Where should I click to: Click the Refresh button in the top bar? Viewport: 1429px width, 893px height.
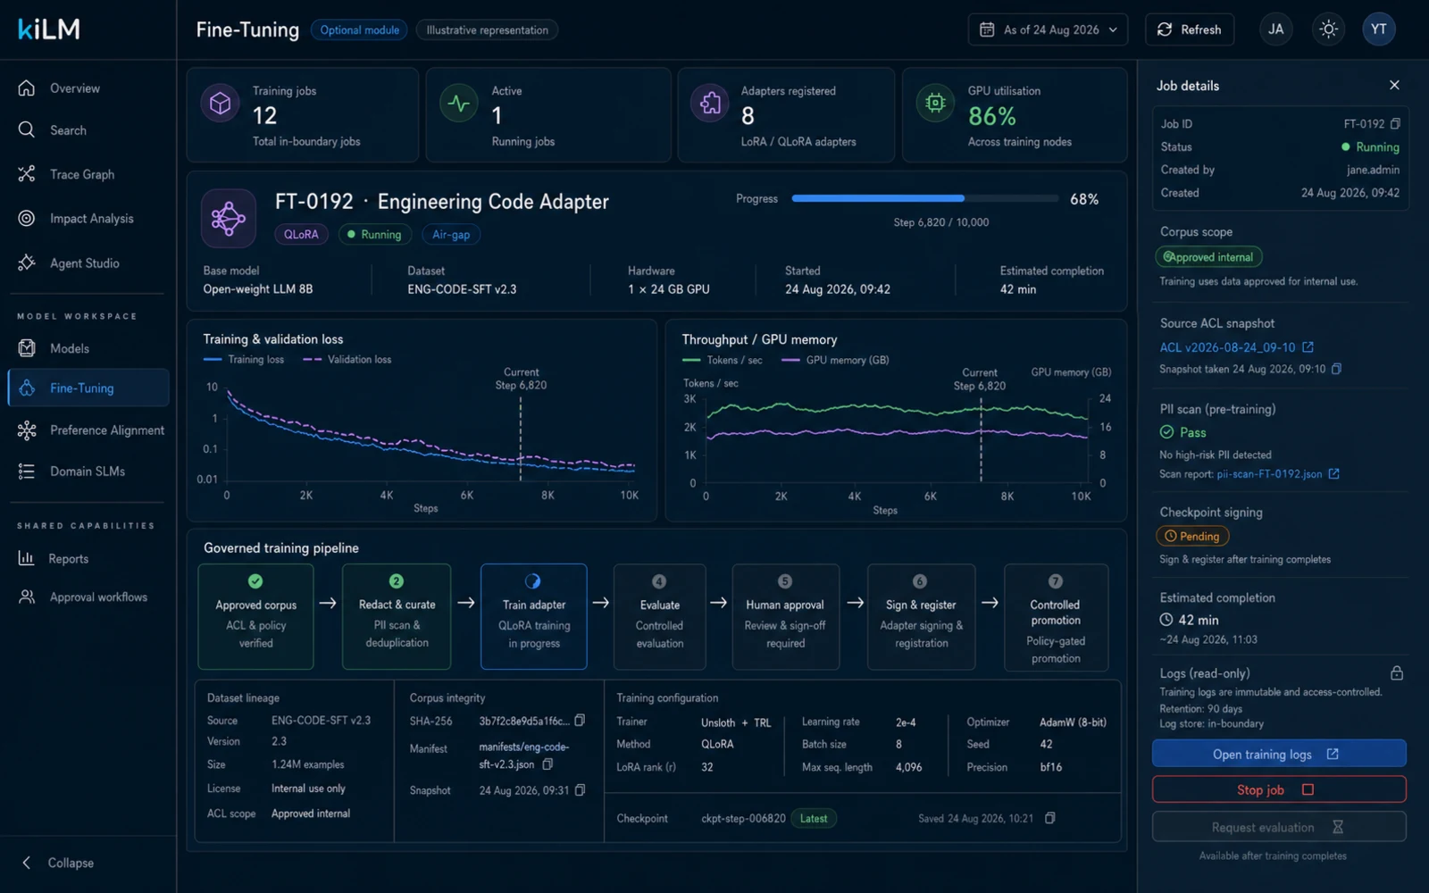(1190, 30)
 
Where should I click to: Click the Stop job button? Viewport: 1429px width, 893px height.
(1278, 789)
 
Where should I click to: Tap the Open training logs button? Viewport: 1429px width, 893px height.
(1278, 754)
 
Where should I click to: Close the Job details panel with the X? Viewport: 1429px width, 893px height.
(1394, 86)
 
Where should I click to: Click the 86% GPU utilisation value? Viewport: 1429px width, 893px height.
(991, 116)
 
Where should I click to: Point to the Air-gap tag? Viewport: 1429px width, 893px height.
(451, 235)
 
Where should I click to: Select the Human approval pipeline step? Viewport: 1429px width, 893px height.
(785, 617)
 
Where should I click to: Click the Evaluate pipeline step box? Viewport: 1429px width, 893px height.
(660, 617)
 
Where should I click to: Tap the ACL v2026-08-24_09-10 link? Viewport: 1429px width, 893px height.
(1227, 347)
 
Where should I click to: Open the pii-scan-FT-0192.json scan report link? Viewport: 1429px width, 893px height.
(1269, 474)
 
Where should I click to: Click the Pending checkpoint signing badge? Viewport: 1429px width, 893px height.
(1192, 537)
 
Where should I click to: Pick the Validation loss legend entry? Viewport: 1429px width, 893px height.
(347, 360)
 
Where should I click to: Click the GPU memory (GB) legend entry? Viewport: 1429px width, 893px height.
(836, 361)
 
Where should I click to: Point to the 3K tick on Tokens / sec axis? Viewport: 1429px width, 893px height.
(689, 399)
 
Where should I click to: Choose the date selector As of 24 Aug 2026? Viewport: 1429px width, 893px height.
(1048, 30)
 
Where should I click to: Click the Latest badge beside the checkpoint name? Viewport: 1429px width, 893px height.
(814, 818)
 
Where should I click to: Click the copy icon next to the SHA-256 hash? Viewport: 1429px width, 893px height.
(580, 720)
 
